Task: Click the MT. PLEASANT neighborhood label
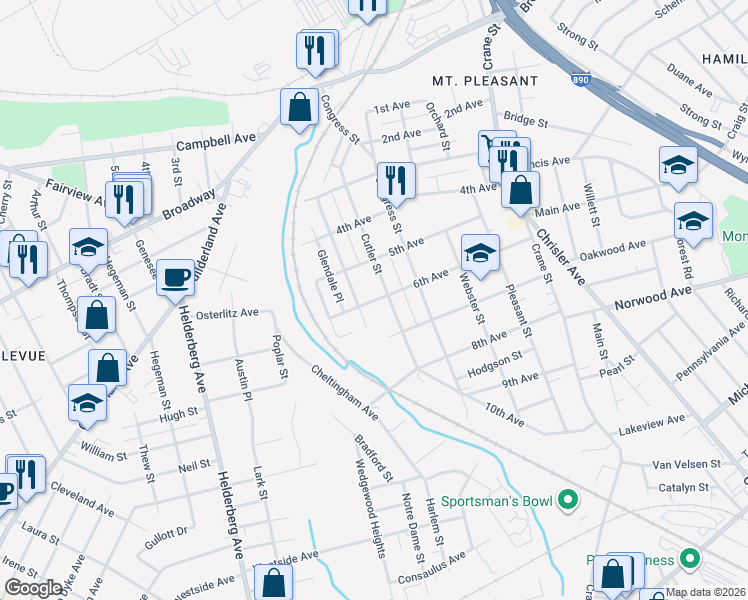[x=485, y=80]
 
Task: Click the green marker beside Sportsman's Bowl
[x=568, y=498]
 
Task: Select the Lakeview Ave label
[x=652, y=423]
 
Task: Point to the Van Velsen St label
[x=686, y=464]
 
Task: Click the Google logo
[x=34, y=588]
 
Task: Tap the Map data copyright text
[x=706, y=592]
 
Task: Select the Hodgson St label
[x=495, y=361]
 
